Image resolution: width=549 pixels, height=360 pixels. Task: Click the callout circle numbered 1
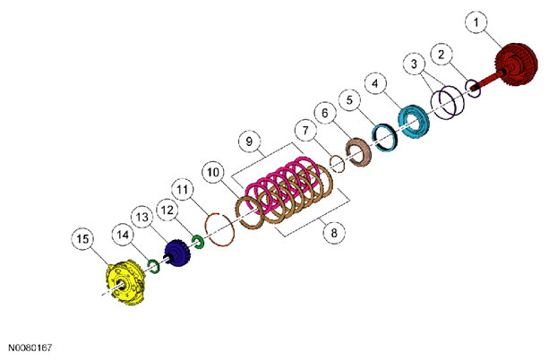click(476, 22)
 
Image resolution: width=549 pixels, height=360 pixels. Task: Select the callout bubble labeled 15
click(82, 239)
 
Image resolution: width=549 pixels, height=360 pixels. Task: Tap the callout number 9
click(249, 141)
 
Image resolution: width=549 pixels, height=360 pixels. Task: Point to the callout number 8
click(334, 233)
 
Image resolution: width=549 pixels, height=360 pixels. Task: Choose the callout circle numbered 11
click(183, 190)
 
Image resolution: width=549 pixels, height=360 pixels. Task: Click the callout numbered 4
click(375, 84)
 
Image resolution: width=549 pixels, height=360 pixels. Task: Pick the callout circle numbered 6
click(325, 113)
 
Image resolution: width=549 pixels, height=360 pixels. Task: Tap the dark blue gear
click(178, 253)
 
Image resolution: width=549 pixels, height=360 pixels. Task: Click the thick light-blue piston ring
click(414, 122)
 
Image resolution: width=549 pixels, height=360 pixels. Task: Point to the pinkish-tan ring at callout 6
click(359, 152)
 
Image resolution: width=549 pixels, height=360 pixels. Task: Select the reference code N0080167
click(30, 347)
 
